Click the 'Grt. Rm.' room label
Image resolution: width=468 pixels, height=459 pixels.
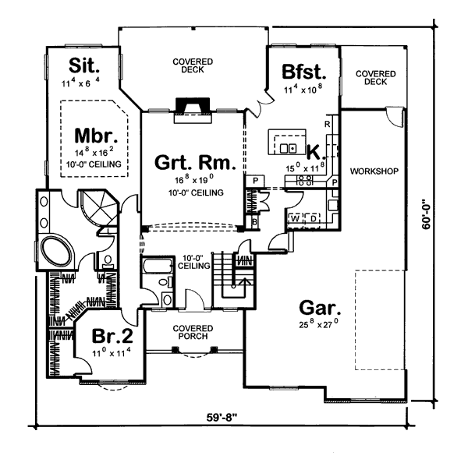[x=195, y=163]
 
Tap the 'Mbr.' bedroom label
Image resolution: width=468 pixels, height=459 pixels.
[x=96, y=136]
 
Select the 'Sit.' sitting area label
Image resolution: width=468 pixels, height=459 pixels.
[x=84, y=65]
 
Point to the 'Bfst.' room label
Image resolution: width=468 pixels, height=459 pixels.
[x=304, y=72]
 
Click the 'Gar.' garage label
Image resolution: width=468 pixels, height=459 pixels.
[x=320, y=308]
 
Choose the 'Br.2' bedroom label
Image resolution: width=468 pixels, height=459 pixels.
[x=112, y=336]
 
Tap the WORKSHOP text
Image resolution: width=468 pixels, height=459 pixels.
[x=374, y=171]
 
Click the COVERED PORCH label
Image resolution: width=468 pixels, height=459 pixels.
[x=193, y=332]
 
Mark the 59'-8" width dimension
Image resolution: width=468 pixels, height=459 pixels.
[x=222, y=418]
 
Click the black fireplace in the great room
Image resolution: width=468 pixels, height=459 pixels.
[x=193, y=105]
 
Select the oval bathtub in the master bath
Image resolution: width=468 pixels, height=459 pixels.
[x=56, y=249]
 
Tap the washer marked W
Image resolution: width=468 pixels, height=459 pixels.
[x=295, y=219]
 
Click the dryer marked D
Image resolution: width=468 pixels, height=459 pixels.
[x=312, y=219]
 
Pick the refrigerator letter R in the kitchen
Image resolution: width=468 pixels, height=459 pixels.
[x=328, y=124]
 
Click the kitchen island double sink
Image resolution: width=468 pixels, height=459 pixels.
[x=288, y=148]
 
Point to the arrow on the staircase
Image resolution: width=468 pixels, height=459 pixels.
[x=244, y=284]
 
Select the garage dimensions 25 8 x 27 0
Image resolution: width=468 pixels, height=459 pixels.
[x=319, y=323]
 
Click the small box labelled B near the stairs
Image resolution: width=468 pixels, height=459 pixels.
[x=254, y=222]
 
